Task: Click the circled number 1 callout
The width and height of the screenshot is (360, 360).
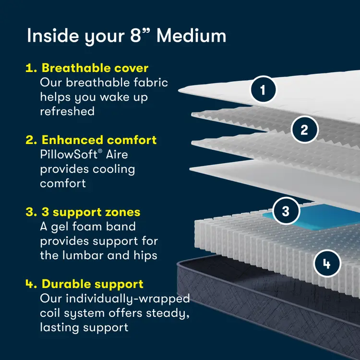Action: tap(263, 89)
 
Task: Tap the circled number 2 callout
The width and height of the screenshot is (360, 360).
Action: tap(304, 129)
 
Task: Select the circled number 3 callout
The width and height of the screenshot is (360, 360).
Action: tap(286, 211)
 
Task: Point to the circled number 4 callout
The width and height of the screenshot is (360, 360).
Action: tap(327, 264)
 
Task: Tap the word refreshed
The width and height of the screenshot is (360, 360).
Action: tap(67, 111)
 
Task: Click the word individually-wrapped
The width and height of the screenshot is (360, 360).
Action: tap(128, 299)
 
